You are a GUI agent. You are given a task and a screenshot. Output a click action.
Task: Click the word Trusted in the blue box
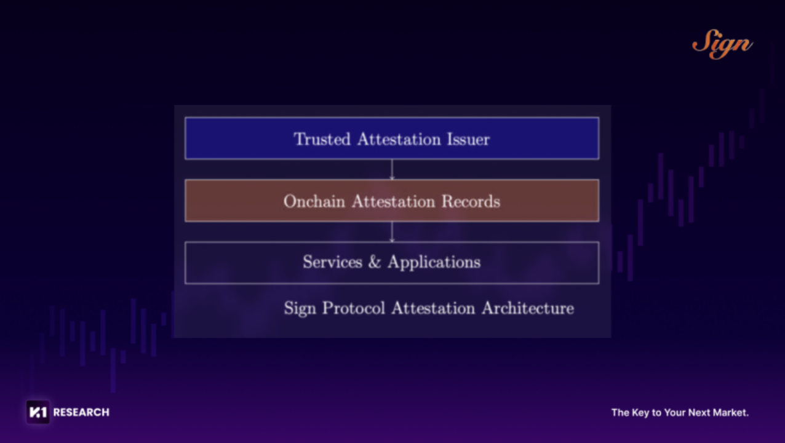point(322,139)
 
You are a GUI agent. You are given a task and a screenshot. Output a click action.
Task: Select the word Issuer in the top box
point(468,139)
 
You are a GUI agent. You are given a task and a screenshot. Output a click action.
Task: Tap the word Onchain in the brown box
point(314,202)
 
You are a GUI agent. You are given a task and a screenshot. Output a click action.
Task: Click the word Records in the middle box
point(471,202)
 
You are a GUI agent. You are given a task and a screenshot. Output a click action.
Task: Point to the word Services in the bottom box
point(333,262)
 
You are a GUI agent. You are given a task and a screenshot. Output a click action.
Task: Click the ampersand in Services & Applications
point(375,262)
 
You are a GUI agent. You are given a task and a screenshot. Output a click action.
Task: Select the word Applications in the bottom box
point(434,263)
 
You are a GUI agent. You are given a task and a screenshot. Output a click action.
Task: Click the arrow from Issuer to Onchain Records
point(392,170)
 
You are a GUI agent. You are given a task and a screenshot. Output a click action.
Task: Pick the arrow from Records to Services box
point(392,232)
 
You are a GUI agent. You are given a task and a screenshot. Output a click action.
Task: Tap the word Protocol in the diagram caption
point(354,308)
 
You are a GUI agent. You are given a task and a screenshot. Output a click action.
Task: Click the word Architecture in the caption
point(528,308)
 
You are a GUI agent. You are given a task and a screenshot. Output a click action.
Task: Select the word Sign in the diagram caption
point(300,309)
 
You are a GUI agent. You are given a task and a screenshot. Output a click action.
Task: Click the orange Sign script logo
point(722,44)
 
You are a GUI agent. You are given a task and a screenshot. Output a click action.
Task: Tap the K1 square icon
point(38,412)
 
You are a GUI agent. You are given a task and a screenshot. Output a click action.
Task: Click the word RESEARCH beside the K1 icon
point(81,412)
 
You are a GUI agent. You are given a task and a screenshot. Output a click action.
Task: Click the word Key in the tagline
point(640,413)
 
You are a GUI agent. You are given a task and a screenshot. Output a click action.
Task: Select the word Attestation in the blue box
point(399,139)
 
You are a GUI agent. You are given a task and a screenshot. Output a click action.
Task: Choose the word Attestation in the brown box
point(393,202)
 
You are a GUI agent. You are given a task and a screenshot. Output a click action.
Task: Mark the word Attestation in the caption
point(433,308)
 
